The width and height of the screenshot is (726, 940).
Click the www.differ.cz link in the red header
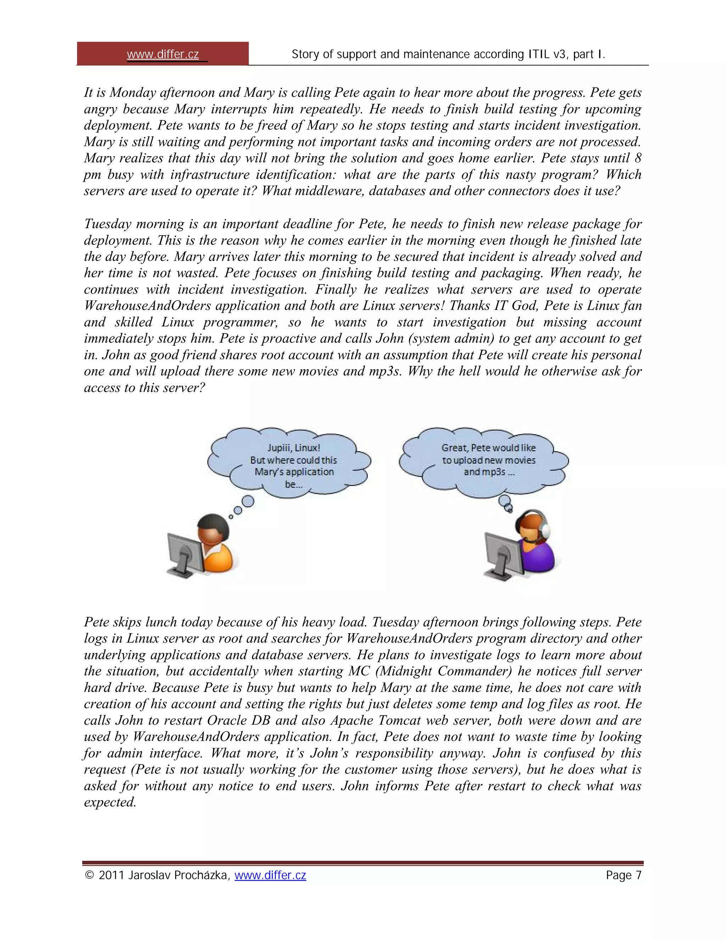pyautogui.click(x=163, y=55)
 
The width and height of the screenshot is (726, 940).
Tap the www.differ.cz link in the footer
pyautogui.click(x=270, y=875)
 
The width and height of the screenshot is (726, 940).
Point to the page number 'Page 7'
pyautogui.click(x=623, y=875)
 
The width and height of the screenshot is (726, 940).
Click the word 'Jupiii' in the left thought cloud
pyautogui.click(x=280, y=448)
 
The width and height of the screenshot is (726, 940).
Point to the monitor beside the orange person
pyautogui.click(x=185, y=554)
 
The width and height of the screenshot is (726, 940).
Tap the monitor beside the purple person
pyautogui.click(x=503, y=554)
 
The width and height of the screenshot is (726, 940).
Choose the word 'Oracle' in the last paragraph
pyautogui.click(x=228, y=721)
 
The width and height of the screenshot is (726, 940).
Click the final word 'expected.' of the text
pyautogui.click(x=110, y=803)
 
